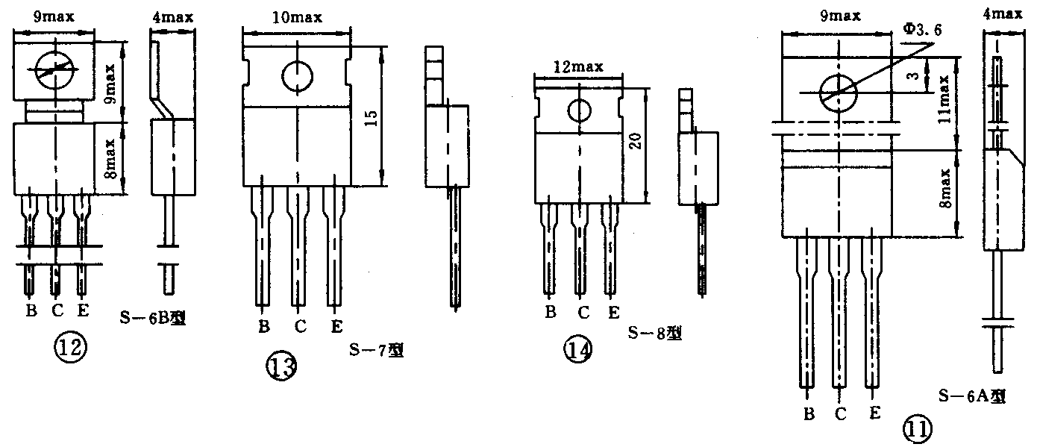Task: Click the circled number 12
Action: click(70, 348)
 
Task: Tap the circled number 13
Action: click(281, 366)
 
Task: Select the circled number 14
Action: click(577, 350)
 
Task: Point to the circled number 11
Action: click(918, 428)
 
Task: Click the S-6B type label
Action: click(153, 318)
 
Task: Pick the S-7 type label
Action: click(376, 350)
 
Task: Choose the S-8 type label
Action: click(654, 333)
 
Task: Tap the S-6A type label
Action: click(972, 396)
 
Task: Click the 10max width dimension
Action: click(297, 18)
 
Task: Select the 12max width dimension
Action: click(579, 67)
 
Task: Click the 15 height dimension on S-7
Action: click(372, 118)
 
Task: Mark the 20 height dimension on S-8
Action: click(636, 141)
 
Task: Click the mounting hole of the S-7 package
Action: click(297, 76)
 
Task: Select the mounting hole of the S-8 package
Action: click(579, 110)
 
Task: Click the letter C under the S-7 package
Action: click(301, 327)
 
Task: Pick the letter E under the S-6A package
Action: click(874, 413)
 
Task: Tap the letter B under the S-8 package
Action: click(551, 312)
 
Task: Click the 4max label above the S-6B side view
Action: click(172, 18)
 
